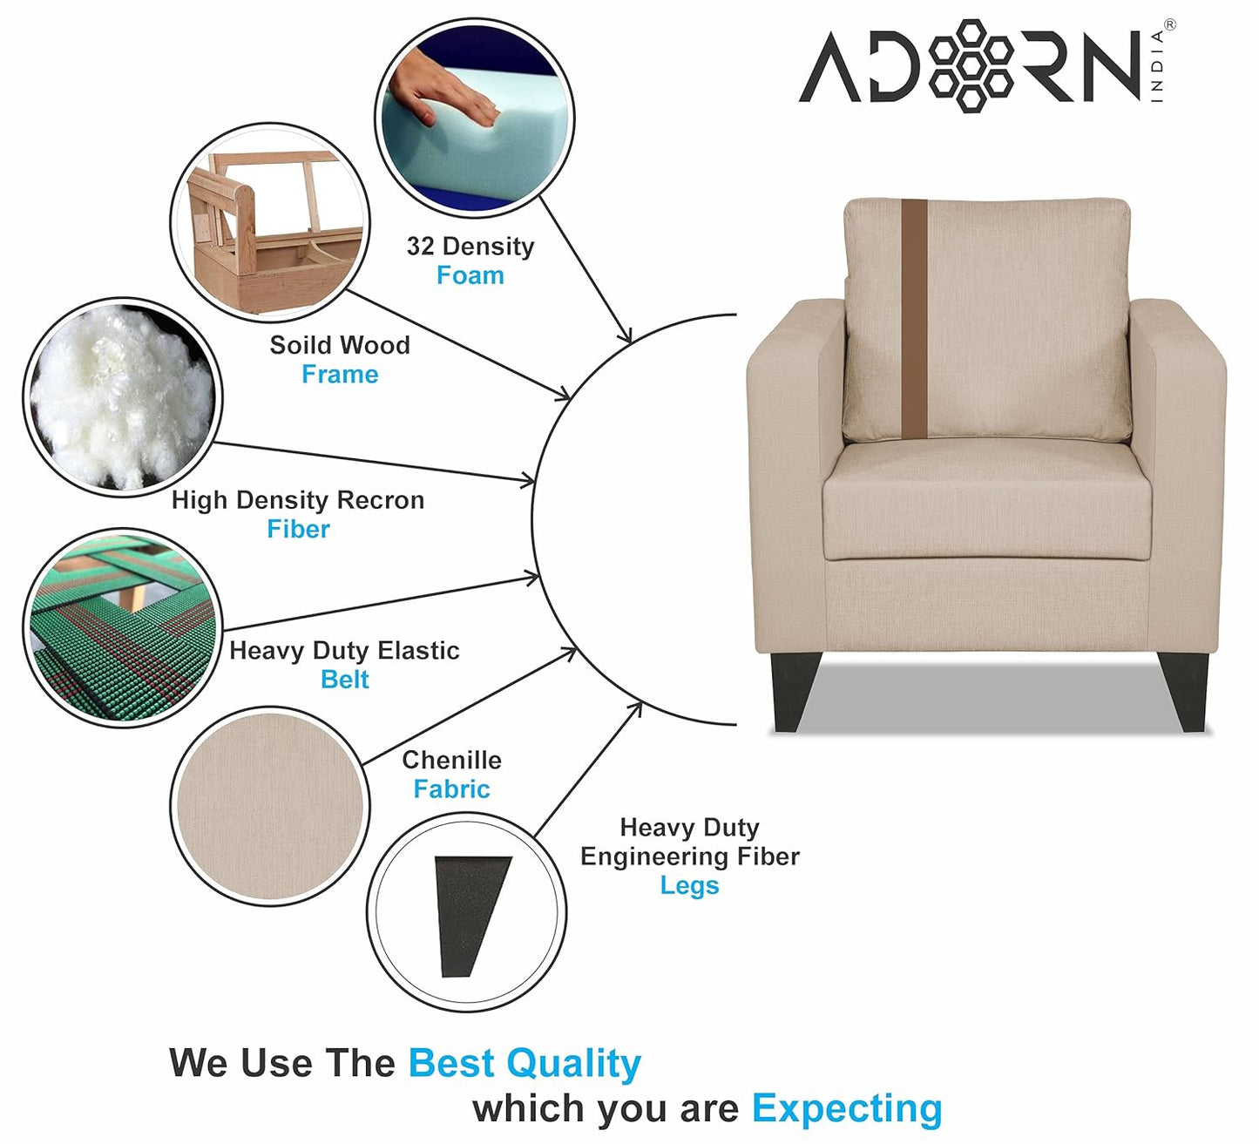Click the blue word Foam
470,275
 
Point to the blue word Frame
340,374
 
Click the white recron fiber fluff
122,397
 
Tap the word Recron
381,500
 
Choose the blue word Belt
344,680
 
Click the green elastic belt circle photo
123,628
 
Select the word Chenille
452,760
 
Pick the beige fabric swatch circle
270,806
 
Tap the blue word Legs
689,886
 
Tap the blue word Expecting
847,1109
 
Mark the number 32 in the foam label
420,246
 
